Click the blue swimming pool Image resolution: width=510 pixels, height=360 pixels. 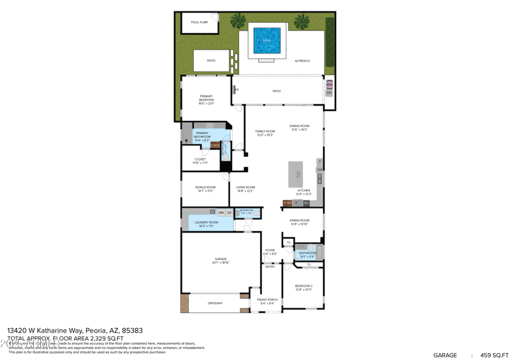click(267, 40)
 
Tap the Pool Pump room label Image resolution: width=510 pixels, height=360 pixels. click(200, 22)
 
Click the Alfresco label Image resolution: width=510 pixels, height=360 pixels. click(302, 61)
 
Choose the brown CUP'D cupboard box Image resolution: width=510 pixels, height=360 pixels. click(215, 145)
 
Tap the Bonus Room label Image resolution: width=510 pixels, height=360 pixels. click(205, 187)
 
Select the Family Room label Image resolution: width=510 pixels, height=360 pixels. click(265, 131)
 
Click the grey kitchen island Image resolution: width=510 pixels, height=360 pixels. click(296, 174)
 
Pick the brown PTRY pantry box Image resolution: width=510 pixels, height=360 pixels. click(288, 203)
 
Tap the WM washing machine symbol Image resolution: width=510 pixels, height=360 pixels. click(221, 212)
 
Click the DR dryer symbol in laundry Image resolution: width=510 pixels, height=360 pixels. click(229, 212)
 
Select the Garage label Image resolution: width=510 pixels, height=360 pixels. click(220, 259)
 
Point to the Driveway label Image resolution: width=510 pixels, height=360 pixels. click(215, 303)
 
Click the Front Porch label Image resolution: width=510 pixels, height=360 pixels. click(267, 299)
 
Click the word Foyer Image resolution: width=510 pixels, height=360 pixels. click(270, 250)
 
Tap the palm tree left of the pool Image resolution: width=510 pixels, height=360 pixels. click(238, 22)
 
